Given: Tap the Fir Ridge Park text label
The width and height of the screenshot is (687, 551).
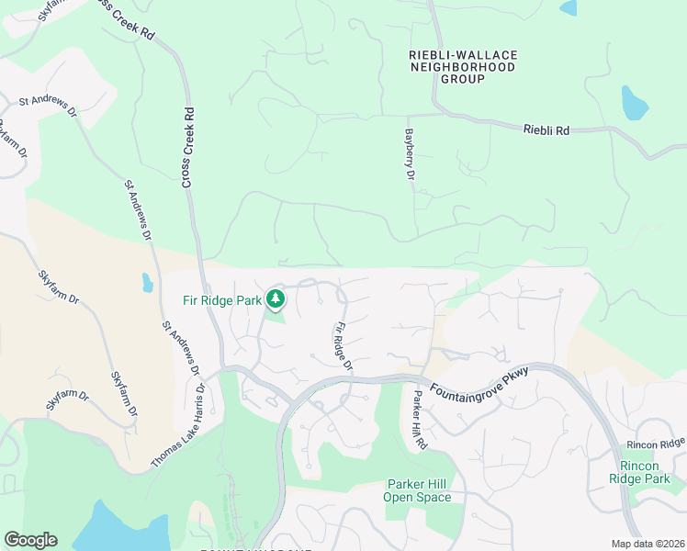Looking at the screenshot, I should pos(223,299).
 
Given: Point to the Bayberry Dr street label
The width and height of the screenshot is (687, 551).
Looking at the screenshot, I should pos(411,154).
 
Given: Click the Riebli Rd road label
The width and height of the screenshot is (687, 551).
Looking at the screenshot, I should pos(546,130).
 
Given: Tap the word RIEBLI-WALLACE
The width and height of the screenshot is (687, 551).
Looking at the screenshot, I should pos(463,55).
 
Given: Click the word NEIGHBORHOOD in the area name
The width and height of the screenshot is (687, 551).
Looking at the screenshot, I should pos(463,67).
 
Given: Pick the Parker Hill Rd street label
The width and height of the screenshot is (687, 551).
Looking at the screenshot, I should pos(421,421).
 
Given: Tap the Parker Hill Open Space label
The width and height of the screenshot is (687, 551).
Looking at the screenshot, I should pos(419,490).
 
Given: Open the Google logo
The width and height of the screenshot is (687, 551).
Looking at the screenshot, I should pos(30,540).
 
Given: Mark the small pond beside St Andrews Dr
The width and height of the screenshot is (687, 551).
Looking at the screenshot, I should pos(148,282).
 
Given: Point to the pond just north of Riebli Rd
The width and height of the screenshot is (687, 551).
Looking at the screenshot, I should pos(635,104).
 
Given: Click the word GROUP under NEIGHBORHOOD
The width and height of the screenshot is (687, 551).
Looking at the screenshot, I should pos(463,80).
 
